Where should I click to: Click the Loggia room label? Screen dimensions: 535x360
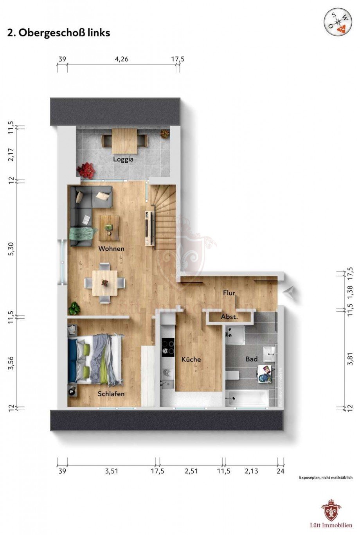coord(123,159)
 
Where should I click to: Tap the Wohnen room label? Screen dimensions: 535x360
coord(111,248)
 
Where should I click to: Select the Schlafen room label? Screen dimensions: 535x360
coord(111,393)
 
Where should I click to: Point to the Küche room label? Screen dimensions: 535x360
coord(191,359)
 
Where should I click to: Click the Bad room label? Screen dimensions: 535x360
coord(251,359)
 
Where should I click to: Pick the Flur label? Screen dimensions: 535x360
coord(229,293)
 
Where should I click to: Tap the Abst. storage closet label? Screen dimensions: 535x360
coord(229,317)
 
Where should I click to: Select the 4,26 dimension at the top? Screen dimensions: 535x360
coord(121,59)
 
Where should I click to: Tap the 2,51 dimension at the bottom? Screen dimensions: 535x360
coord(191,471)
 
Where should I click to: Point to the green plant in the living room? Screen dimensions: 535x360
coord(74,308)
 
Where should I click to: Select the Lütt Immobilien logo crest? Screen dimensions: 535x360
coord(331,510)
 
